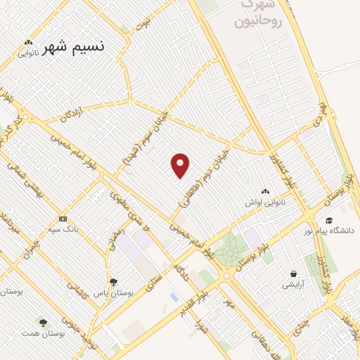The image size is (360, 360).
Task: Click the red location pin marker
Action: point(181,165)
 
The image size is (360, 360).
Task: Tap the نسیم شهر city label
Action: point(73,47)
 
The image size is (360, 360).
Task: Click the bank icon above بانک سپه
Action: point(63,219)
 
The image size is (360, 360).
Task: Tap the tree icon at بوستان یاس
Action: point(114,282)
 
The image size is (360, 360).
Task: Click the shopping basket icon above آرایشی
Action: point(292,274)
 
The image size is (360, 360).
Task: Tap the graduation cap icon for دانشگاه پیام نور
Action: point(328,220)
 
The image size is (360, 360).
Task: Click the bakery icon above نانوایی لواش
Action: point(266,191)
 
